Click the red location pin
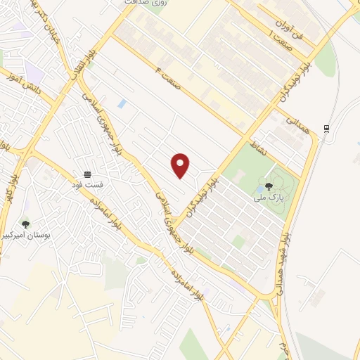pos(181,165)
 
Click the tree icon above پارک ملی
pos(269,187)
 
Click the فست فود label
pos(88,185)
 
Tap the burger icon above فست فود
pos(88,174)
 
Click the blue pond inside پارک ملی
pos(259,188)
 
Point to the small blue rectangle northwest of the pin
pos(122,103)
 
